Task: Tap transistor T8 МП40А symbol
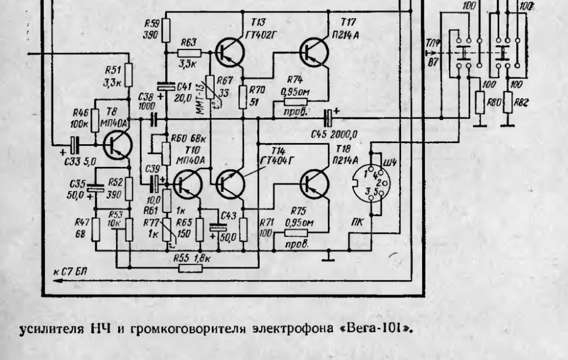[118, 145]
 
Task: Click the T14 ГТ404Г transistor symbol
[231, 183]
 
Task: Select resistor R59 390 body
[166, 30]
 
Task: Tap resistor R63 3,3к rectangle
[189, 53]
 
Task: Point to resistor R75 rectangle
[296, 232]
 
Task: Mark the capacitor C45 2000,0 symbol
[328, 118]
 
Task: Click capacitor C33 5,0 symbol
[75, 145]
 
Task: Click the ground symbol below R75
[327, 258]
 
